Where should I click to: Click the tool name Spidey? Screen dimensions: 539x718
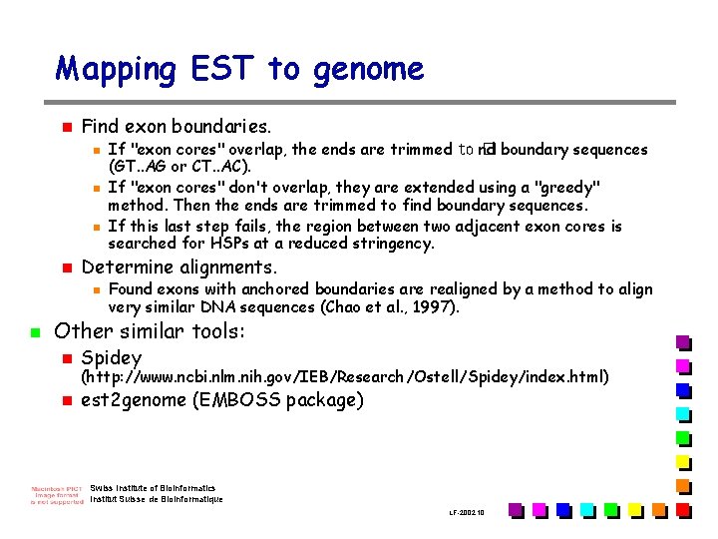(x=112, y=357)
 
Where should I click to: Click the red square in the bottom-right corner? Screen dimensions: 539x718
(x=683, y=510)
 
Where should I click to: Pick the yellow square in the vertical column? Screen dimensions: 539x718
(x=683, y=461)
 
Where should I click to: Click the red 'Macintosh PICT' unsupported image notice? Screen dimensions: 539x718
(x=56, y=494)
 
